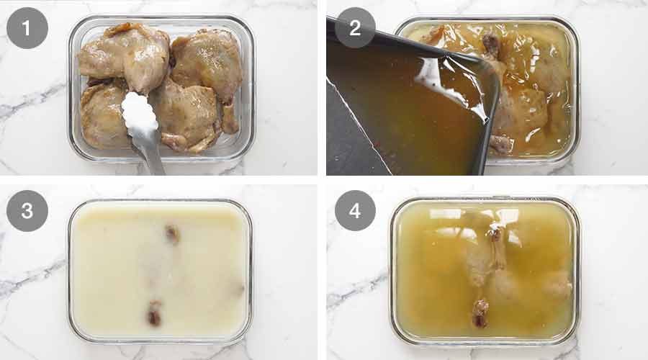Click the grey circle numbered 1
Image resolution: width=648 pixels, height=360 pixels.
[27, 28]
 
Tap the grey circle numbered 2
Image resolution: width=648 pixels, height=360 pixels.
[355, 28]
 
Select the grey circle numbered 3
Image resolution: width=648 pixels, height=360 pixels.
[27, 211]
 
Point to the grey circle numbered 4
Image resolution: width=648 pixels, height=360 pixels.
[355, 211]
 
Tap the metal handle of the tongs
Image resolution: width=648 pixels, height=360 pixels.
[152, 155]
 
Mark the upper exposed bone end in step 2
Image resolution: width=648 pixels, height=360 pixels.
[492, 45]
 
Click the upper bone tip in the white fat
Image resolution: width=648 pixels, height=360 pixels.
[172, 233]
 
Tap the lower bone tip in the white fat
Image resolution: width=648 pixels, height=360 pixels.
[154, 315]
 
